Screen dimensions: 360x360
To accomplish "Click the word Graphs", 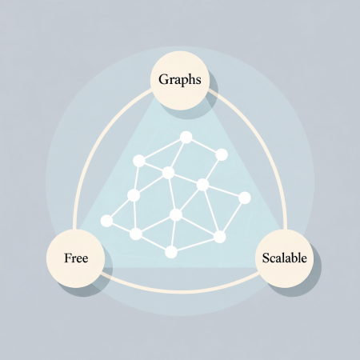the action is [x=180, y=80].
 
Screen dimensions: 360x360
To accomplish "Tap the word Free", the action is [x=76, y=258].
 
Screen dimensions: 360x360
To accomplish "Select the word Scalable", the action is [x=284, y=258].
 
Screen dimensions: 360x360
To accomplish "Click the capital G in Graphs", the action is [x=164, y=79].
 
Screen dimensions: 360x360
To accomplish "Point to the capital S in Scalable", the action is [x=266, y=258].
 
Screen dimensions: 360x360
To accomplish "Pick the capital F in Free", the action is [x=68, y=258].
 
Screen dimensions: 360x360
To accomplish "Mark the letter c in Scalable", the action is [x=273, y=260].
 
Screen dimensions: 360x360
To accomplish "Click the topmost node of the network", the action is [x=186, y=138].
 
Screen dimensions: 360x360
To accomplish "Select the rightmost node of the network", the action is [x=245, y=198].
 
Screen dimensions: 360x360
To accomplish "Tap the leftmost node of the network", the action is [x=106, y=221].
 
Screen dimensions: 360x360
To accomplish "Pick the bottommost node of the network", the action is [x=171, y=252].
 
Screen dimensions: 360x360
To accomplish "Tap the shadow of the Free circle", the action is [x=90, y=282].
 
